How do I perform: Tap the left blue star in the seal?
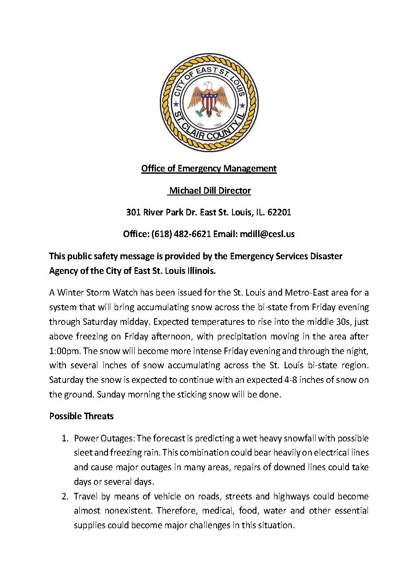[x=176, y=105]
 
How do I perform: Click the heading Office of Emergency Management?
[x=209, y=168]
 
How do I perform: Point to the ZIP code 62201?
[x=279, y=212]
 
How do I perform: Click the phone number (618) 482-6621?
[x=181, y=234]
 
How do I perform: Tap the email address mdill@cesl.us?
[x=267, y=234]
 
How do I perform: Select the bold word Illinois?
[x=200, y=270]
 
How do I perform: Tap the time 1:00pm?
[x=65, y=351]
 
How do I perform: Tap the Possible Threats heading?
[x=81, y=416]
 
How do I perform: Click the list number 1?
[x=64, y=438]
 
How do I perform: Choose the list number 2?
[x=64, y=496]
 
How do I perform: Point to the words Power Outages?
[x=103, y=438]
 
